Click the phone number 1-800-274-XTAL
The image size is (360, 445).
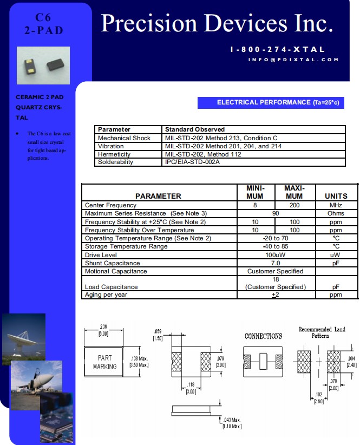[x=277, y=49]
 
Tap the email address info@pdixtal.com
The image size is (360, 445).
[x=293, y=60]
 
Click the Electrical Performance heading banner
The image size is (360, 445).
[x=271, y=102]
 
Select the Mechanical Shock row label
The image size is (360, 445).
[x=124, y=138]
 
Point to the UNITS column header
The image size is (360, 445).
[x=336, y=195]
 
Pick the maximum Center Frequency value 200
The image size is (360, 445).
[x=294, y=205]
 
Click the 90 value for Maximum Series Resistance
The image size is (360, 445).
[x=275, y=213]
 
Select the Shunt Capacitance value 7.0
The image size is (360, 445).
[x=275, y=263]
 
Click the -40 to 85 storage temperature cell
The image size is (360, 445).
[x=275, y=246]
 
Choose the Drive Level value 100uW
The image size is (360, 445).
[x=275, y=254]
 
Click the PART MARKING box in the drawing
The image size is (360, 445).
[x=105, y=362]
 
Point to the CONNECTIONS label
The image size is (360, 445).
[x=263, y=336]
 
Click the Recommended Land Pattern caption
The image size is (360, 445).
[x=322, y=332]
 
